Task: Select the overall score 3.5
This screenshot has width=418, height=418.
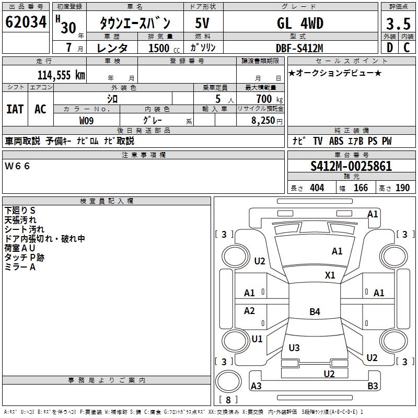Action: coord(398,24)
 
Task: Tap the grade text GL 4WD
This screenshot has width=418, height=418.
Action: coord(300,24)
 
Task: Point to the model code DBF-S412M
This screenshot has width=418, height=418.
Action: coord(300,48)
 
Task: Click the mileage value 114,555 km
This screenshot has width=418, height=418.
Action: coord(61,75)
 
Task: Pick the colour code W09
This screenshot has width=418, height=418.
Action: coord(87,120)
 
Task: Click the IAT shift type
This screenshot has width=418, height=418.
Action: coord(15,109)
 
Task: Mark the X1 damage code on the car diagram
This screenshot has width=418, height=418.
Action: coord(330,275)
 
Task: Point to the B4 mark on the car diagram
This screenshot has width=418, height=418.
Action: coord(315,312)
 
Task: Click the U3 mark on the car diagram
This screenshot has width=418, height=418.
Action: coord(294,348)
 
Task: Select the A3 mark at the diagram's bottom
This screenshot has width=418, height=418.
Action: coord(257,386)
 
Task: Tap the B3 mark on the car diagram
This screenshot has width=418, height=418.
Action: coord(373,386)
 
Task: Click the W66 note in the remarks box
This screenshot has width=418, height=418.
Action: coord(18,166)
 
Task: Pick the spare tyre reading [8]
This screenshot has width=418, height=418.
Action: coord(228,400)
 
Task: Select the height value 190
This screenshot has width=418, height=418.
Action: coord(403,188)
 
